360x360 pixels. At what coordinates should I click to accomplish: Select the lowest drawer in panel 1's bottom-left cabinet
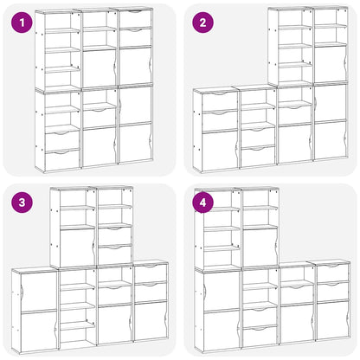point(62,159)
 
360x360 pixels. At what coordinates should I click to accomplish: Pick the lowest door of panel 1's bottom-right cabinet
point(134,143)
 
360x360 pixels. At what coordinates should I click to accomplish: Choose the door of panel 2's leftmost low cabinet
point(218,148)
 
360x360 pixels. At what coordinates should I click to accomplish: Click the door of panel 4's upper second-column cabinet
point(260,246)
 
